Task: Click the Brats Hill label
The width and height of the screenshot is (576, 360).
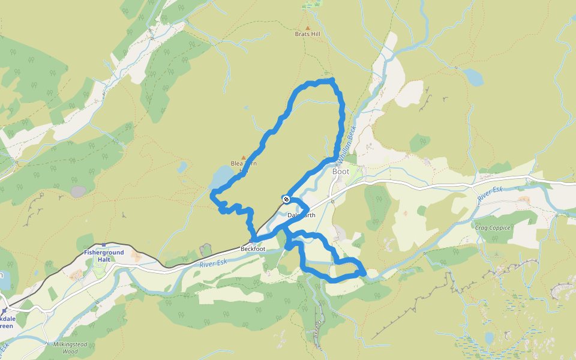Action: pos(307,34)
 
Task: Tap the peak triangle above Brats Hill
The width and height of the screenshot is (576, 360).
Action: pos(308,28)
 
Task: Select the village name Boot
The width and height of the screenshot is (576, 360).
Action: pos(340,172)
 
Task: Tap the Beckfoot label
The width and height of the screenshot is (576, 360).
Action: pos(253,248)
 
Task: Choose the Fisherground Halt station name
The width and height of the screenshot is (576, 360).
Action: pos(104,256)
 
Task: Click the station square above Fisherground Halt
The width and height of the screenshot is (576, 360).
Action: pos(104,245)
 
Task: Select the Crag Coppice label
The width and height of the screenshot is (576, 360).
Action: pos(492,228)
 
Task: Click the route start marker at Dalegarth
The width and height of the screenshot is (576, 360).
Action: pos(286,199)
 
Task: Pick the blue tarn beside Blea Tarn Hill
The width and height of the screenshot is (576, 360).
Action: pos(221,177)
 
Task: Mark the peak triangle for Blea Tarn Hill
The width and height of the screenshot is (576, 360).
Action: pos(244,158)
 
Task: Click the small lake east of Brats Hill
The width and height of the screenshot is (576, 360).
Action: pos(473,77)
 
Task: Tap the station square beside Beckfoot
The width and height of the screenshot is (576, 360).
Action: pos(250,241)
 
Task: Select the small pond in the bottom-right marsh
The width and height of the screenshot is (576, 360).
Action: pos(489,338)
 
